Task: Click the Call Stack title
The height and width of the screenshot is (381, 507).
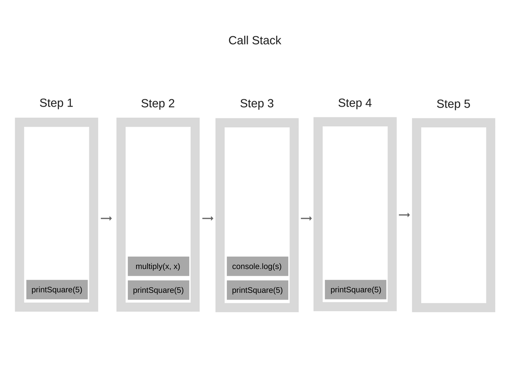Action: coord(254,40)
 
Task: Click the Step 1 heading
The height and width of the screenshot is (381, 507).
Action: coord(56,103)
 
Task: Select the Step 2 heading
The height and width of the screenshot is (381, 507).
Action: coord(157,103)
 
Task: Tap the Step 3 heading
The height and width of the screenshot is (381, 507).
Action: coord(256,103)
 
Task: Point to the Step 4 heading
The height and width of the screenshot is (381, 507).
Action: coord(355,103)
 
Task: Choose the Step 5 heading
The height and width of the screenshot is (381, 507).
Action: coord(453,104)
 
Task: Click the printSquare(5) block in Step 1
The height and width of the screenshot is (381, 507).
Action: coord(57,290)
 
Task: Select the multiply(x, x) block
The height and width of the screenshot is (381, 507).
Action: coord(158,266)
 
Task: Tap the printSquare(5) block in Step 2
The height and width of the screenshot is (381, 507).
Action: coord(158,290)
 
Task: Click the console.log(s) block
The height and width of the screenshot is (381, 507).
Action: coord(257,266)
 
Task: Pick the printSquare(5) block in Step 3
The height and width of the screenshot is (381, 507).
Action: coord(257,290)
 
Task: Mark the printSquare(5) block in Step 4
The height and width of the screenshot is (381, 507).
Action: coord(355,290)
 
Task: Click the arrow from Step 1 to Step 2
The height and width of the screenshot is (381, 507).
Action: coord(106,218)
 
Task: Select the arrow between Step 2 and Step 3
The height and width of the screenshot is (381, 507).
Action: coord(208,218)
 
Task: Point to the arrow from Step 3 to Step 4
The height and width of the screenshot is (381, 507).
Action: coord(306,218)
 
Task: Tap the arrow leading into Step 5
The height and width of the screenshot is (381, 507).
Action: coord(405,215)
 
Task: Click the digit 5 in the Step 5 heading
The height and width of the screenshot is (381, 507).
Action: coord(467,104)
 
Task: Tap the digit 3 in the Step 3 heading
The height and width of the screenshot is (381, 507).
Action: coord(270,103)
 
